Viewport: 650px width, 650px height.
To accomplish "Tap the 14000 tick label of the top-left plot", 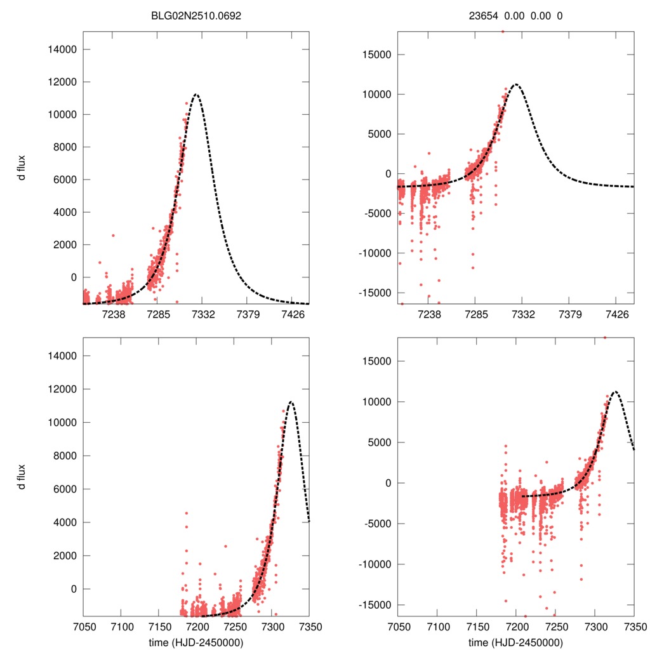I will [62, 50].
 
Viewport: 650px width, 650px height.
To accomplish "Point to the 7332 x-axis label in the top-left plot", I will [203, 314].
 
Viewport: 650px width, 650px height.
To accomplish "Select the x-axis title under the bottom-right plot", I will [515, 642].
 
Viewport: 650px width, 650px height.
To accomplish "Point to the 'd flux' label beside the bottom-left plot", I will [23, 477].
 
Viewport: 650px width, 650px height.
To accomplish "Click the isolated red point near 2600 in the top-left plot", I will [113, 235].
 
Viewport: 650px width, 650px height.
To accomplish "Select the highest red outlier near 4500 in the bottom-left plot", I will [186, 513].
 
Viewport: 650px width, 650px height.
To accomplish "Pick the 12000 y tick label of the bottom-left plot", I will [62, 389].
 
